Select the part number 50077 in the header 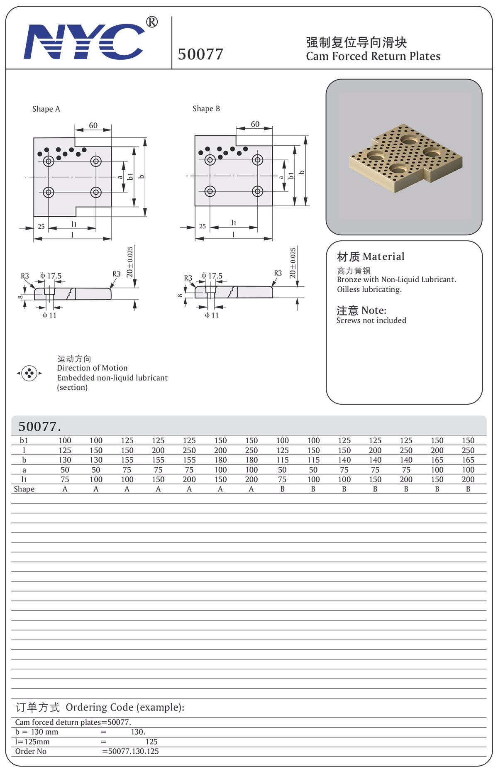click(x=200, y=54)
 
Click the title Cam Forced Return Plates click(x=373, y=56)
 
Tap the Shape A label click(x=46, y=109)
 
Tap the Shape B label click(x=206, y=109)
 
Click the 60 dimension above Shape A click(x=93, y=125)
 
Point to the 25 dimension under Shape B click(x=203, y=226)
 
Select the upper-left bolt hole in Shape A click(x=49, y=161)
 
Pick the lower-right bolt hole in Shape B click(x=257, y=191)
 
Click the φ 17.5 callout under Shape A click(x=51, y=276)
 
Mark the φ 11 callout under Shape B click(x=212, y=315)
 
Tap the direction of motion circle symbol click(x=29, y=373)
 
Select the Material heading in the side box click(x=370, y=257)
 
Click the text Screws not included click(x=371, y=320)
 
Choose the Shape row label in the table click(x=24, y=489)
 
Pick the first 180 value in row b click(x=220, y=460)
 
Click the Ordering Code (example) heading click(x=100, y=707)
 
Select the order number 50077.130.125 click(x=133, y=751)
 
